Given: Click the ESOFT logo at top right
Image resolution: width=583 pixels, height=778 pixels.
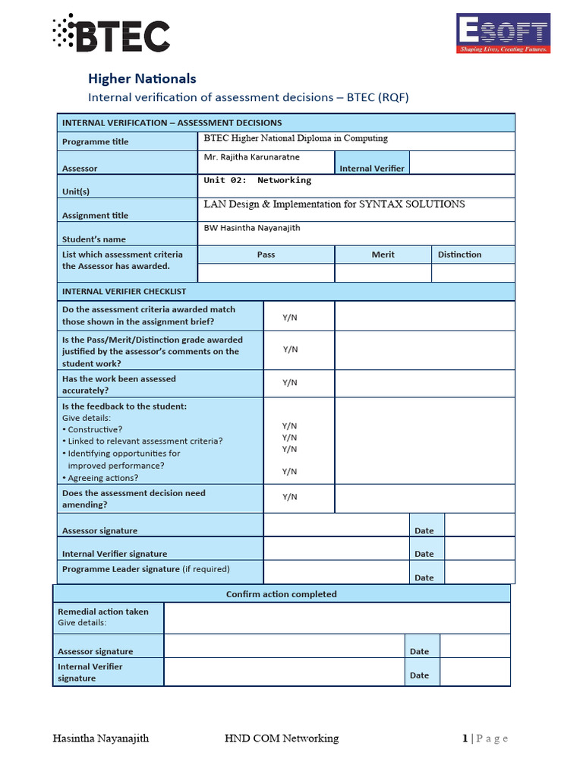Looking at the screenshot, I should point(502,34).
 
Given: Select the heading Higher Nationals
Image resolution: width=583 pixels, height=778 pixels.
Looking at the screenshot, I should point(142,78).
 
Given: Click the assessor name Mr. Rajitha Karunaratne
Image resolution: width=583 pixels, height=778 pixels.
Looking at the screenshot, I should point(251,157).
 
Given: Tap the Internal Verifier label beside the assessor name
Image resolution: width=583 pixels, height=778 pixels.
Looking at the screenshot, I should point(372,168).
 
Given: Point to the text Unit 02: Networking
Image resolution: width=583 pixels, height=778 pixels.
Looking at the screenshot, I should point(257,181).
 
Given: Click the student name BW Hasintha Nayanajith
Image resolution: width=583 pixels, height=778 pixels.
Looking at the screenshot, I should point(252,228).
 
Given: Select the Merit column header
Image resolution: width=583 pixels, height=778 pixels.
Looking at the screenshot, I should point(383,255).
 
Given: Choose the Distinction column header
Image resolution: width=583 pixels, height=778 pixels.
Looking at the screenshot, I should point(459,255).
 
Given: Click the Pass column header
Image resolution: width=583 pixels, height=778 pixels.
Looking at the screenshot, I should point(266,255).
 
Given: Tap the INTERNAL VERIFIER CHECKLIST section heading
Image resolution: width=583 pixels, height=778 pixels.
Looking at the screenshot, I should point(124,291).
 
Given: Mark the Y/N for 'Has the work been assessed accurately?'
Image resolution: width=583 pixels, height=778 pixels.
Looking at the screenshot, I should point(290,383).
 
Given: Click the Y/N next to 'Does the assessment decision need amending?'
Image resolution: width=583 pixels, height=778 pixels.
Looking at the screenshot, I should point(290,497).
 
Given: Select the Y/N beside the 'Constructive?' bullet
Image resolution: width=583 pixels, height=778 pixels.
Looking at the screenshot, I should point(289,426).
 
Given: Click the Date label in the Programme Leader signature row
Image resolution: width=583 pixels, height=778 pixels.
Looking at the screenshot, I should point(424,577).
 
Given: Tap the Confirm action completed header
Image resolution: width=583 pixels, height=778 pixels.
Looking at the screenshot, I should point(281,594).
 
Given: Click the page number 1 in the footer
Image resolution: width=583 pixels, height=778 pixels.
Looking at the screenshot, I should point(465,738).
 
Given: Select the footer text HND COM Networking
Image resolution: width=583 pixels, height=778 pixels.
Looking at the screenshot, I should point(282,738).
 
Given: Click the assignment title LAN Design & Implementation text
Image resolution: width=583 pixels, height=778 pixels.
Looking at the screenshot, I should point(334,204).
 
